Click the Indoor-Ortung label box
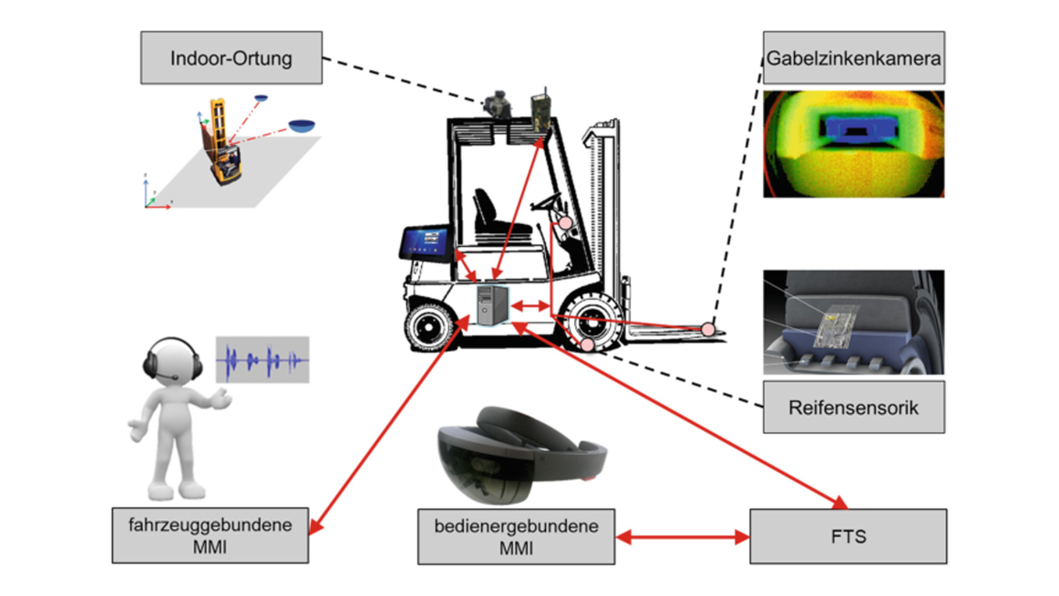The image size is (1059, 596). tap(231, 58)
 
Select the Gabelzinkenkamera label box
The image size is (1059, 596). tap(853, 58)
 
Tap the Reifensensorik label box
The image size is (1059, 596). tap(853, 407)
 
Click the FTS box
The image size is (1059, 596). tap(848, 536)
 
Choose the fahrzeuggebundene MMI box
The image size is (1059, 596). tap(210, 535)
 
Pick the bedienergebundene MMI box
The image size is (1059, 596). tap(516, 537)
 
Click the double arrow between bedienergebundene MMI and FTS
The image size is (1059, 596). tap(682, 537)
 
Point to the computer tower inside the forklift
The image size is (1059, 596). tap(492, 305)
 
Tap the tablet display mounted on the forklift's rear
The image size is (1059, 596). tap(425, 242)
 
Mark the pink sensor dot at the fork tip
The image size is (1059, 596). tap(708, 329)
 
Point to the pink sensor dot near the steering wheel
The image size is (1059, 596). tap(566, 223)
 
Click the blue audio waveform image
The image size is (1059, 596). tap(262, 360)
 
